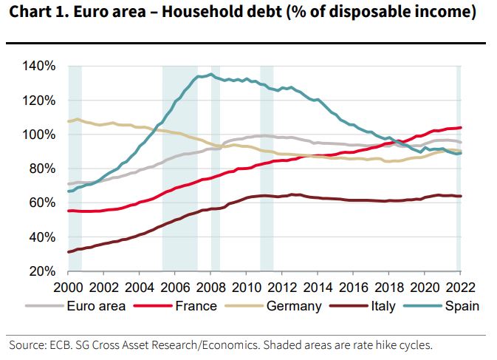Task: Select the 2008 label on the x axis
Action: (x=213, y=288)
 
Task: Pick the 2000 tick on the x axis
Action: (x=68, y=288)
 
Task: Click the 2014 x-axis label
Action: (x=319, y=288)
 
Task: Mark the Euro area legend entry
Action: (x=97, y=305)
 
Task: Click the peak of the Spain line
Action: (x=211, y=74)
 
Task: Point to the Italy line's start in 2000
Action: (x=69, y=252)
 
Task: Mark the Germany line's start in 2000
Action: (x=69, y=121)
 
